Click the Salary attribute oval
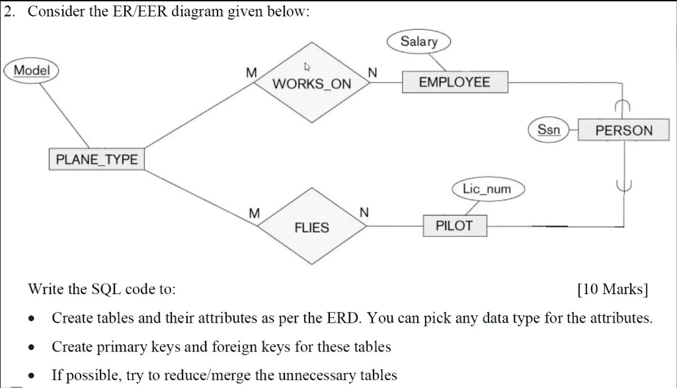(418, 42)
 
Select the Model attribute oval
(31, 70)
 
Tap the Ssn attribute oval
(548, 130)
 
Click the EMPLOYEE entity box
(454, 83)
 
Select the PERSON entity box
(623, 130)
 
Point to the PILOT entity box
(454, 226)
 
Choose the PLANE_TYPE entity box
(97, 159)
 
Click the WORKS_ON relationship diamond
(311, 83)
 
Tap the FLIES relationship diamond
(311, 227)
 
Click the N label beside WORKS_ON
(372, 73)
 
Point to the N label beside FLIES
(363, 213)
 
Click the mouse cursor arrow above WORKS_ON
(306, 67)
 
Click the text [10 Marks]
(612, 290)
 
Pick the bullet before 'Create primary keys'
(31, 347)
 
